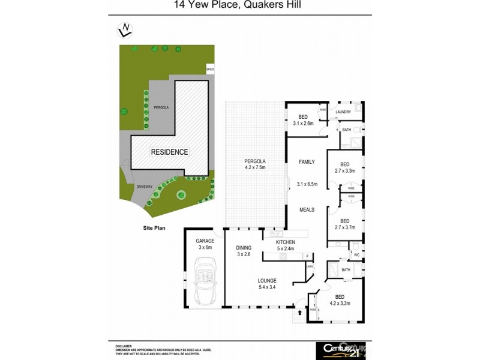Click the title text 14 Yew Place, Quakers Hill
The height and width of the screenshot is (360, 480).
[x=240, y=7]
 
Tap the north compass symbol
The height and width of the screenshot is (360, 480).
[x=125, y=29]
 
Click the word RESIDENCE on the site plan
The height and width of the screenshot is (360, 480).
[x=169, y=152]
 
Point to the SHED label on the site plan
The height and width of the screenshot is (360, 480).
[x=210, y=70]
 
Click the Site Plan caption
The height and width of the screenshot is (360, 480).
[x=154, y=229]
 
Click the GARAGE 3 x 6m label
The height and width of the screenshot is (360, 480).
[x=205, y=244]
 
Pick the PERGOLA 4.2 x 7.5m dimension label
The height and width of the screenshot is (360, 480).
[x=255, y=164]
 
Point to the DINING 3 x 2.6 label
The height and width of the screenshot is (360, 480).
[x=244, y=251]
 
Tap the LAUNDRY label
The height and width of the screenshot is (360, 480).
[x=343, y=112]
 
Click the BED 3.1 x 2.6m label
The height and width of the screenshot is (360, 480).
[x=304, y=120]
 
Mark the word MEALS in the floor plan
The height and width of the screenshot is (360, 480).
[x=308, y=209]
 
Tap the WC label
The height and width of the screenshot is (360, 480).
[x=356, y=256]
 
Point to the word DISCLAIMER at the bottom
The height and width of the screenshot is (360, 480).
[x=124, y=346]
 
